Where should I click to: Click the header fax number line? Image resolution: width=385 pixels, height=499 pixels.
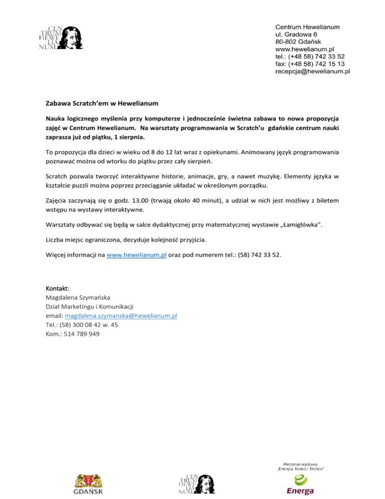(310, 64)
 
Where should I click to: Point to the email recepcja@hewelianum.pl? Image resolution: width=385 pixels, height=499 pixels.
(312, 72)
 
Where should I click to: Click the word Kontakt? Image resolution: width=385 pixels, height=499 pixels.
(54, 289)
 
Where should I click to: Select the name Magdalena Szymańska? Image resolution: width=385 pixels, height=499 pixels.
(74, 297)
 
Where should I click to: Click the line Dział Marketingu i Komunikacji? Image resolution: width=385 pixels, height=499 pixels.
(86, 306)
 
